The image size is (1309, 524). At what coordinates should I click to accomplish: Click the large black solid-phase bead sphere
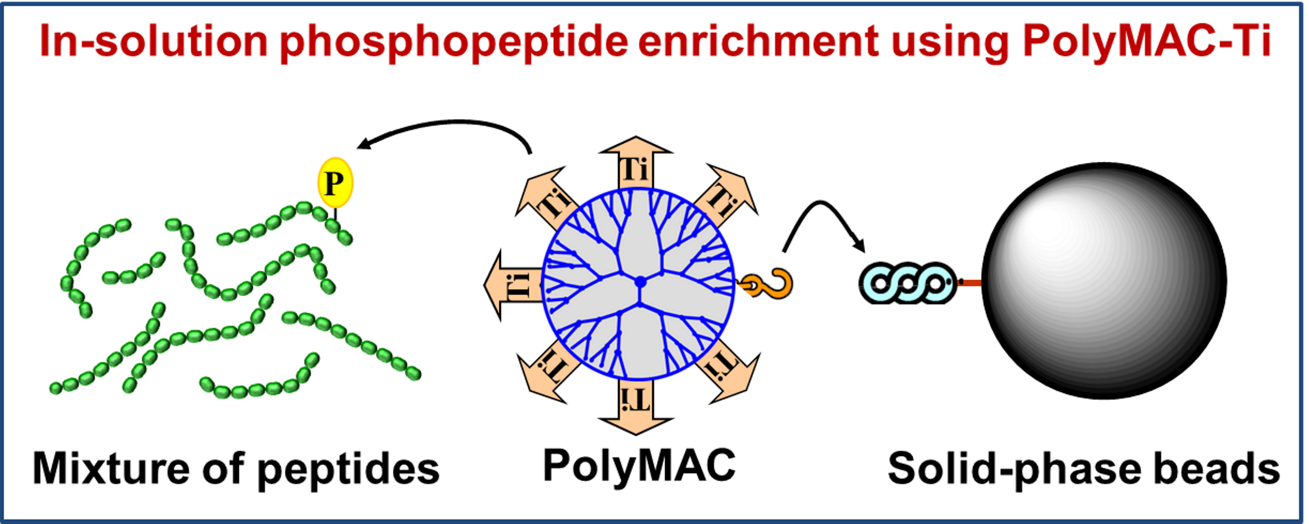coord(1104,281)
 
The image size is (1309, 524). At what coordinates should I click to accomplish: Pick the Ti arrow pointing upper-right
coord(724,196)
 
